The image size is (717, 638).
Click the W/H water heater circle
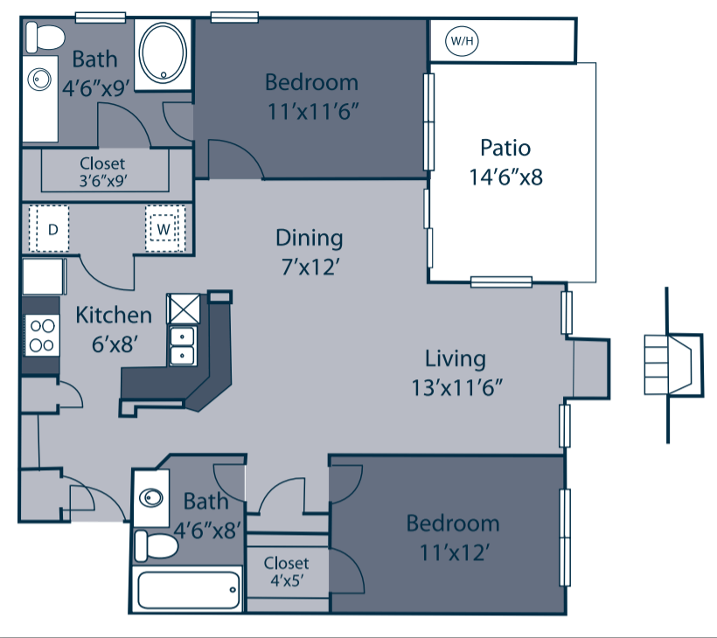460,40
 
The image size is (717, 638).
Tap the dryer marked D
52,230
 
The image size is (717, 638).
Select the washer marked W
164,230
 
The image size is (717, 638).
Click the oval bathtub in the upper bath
164,52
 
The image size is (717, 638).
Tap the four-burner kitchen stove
41,334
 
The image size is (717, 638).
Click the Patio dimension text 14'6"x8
505,177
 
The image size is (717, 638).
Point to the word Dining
309,238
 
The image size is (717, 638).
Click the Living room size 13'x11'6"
455,385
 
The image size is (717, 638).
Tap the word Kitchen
114,315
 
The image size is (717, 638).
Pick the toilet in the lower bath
156,546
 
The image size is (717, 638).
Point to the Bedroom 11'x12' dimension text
453,551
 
